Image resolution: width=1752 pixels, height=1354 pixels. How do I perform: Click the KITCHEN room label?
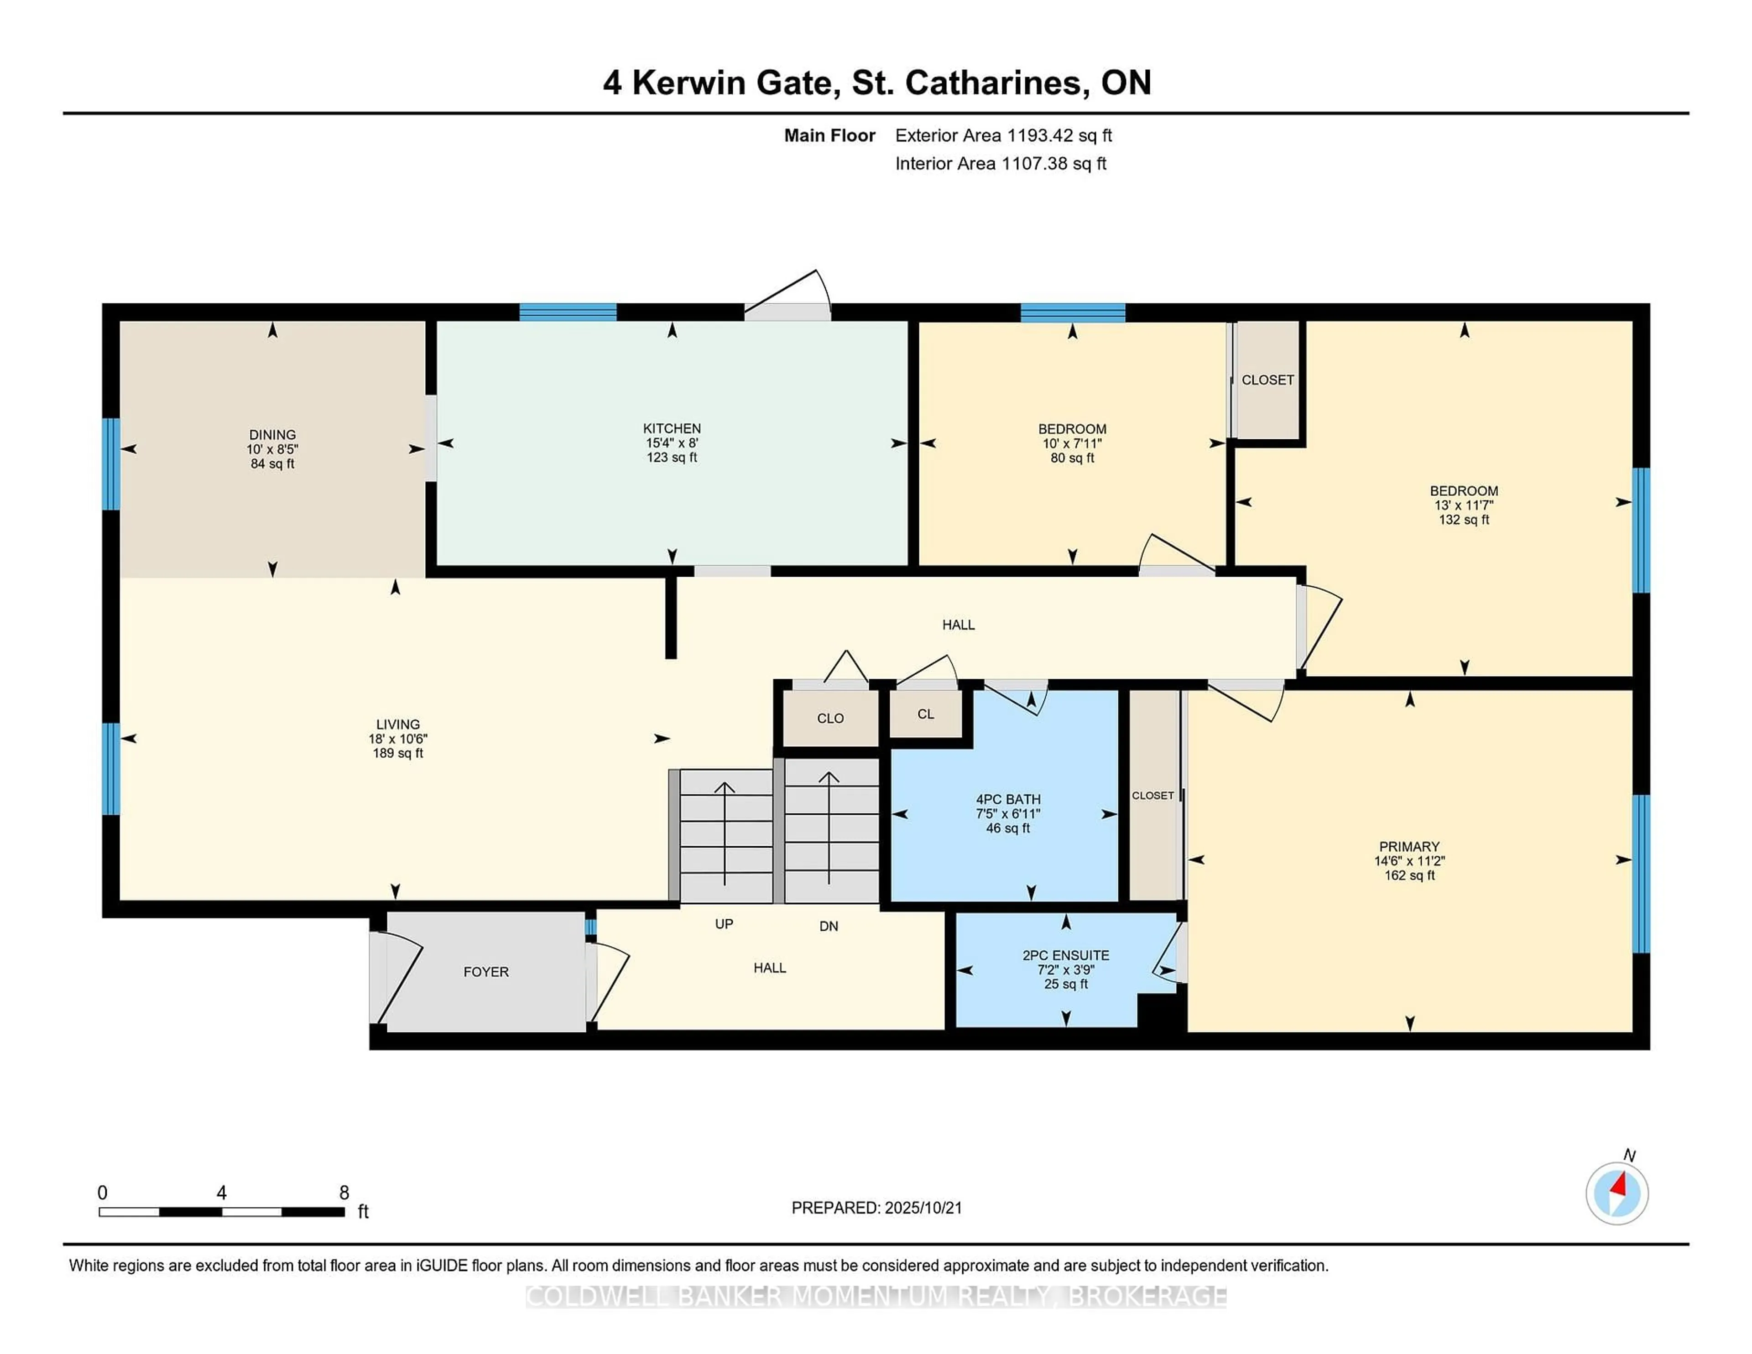pos(672,428)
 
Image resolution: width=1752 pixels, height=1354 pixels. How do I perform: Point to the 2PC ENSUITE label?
pos(1065,955)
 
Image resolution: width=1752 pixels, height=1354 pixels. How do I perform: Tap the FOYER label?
pos(486,971)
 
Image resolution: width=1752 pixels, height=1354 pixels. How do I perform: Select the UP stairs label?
pos(724,924)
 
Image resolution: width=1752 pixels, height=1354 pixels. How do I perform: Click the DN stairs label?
pos(828,927)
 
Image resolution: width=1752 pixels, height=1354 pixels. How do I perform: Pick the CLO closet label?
pos(830,718)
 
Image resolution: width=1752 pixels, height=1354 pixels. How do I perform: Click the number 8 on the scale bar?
pos(344,1193)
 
